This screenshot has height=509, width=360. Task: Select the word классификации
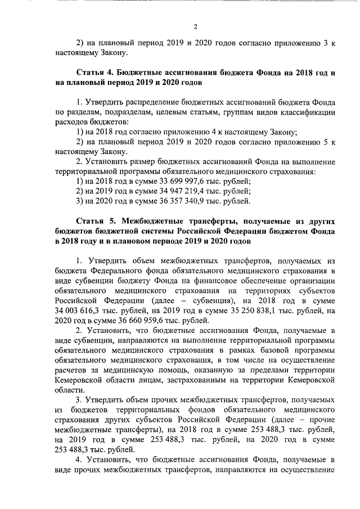pyautogui.click(x=310, y=112)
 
